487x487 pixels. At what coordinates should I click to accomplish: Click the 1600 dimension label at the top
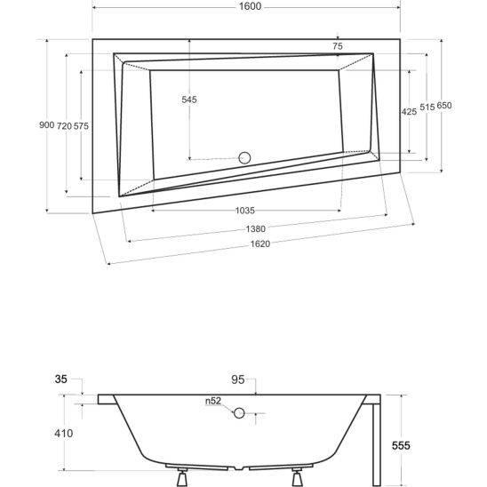pos(250,6)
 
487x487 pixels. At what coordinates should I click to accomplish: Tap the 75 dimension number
pos(338,46)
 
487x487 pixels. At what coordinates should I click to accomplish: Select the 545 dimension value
pos(189,100)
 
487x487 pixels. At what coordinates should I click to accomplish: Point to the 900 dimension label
pos(46,124)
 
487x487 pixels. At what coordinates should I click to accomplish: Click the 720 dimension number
pos(64,126)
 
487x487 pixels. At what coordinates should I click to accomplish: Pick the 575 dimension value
pos(81,126)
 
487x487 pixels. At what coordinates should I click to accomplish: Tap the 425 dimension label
pos(409,112)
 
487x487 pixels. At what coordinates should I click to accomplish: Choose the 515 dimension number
pos(427,108)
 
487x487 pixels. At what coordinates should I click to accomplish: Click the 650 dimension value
pos(444,106)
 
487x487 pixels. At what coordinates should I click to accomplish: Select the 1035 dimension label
pos(245,211)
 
